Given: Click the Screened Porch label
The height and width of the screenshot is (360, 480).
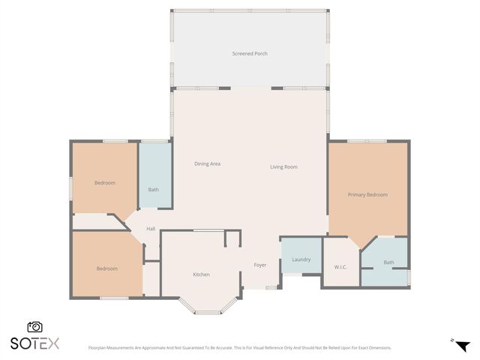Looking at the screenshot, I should click(x=250, y=54).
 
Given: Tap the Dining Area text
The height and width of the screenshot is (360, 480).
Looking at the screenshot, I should click(x=207, y=163).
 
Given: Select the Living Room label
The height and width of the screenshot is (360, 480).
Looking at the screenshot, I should click(x=284, y=166).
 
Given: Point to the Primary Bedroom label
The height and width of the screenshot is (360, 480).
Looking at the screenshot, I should click(x=367, y=195).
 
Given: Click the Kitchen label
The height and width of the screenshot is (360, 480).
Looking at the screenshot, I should click(x=201, y=274).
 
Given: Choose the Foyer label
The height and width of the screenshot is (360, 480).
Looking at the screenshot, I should click(x=260, y=265).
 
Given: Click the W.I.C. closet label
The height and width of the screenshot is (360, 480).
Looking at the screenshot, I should click(x=340, y=266).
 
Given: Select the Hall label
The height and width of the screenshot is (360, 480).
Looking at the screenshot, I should click(x=151, y=229).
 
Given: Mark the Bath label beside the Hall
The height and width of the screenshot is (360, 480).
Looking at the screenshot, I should click(x=153, y=190).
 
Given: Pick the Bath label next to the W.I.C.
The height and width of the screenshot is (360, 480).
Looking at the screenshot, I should click(x=388, y=262).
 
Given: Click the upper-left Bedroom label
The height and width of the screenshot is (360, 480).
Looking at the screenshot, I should click(x=105, y=183).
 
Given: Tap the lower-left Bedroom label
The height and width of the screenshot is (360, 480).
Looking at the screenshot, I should click(x=106, y=268).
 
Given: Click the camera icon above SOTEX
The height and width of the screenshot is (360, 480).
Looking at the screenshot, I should click(x=34, y=327).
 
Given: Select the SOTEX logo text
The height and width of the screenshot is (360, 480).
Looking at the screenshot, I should click(x=34, y=343).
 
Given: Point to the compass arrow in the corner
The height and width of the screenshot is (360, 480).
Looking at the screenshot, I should click(x=460, y=344).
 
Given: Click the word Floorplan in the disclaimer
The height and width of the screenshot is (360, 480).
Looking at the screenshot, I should click(x=101, y=348).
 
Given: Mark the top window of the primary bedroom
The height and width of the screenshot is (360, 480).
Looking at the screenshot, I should click(x=367, y=141).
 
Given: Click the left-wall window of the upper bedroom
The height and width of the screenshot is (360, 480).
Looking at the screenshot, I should click(x=71, y=187).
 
